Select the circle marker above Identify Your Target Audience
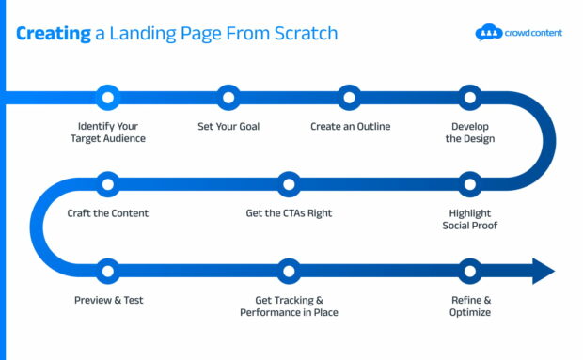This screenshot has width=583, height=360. (x=108, y=95)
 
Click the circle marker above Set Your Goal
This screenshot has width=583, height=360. (x=228, y=95)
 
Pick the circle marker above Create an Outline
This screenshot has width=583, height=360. (x=350, y=95)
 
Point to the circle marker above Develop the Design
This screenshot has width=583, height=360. (x=470, y=95)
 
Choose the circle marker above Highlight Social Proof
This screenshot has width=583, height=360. (x=470, y=182)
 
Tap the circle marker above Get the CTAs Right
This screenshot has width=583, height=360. (x=289, y=182)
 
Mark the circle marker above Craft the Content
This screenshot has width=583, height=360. (x=108, y=182)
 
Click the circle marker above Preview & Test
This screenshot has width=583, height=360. (x=108, y=271)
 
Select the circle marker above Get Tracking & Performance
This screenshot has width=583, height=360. (x=289, y=271)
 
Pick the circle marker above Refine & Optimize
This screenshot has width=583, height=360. (x=470, y=271)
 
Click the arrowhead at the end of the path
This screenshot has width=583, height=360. (x=544, y=271)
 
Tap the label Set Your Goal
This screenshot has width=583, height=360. (x=228, y=126)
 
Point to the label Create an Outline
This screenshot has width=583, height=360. (x=350, y=126)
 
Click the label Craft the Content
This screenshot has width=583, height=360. (x=108, y=213)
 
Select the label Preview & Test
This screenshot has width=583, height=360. (x=108, y=301)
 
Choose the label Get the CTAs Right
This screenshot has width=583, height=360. (x=289, y=213)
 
